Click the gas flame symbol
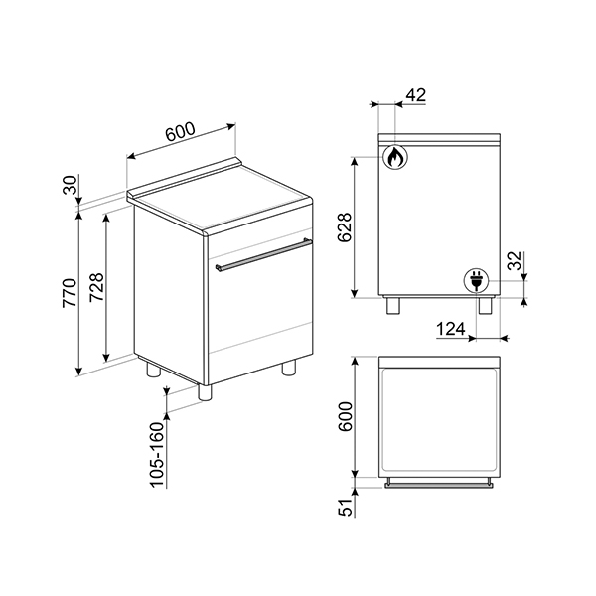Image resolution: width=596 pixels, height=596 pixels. click(394, 156)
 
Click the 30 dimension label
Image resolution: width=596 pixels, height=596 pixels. click(71, 185)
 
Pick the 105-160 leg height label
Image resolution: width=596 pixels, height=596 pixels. click(156, 453)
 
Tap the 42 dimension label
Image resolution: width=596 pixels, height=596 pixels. click(416, 95)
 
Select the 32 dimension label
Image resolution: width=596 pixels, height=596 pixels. click(514, 263)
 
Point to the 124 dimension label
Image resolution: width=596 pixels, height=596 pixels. click(453, 328)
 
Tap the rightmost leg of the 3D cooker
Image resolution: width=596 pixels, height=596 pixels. click(289, 368)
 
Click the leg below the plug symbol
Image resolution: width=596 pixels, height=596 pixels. click(486, 305)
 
